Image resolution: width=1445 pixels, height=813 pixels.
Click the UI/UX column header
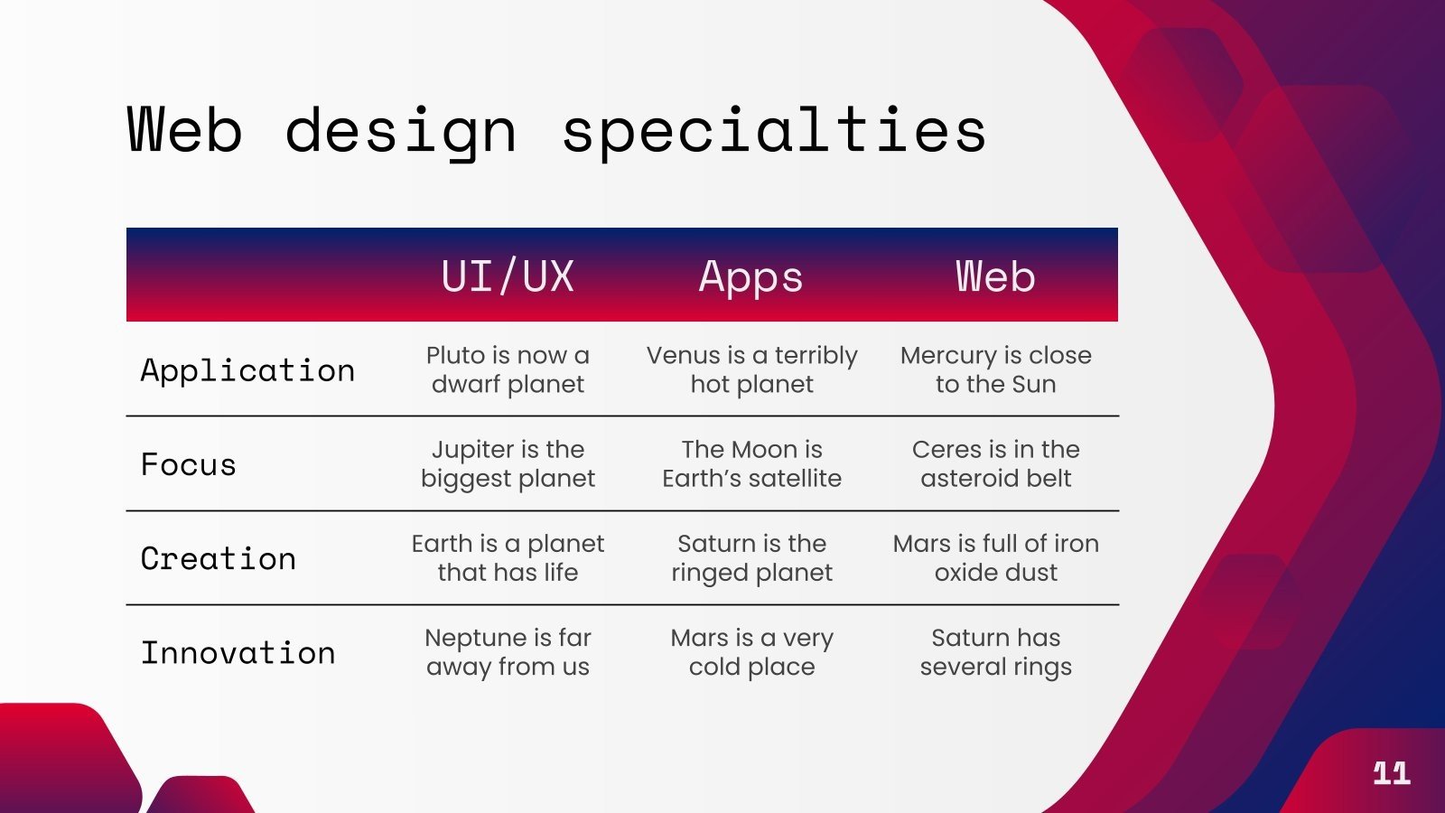pyautogui.click(x=508, y=276)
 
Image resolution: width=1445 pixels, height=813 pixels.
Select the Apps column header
pyautogui.click(x=750, y=276)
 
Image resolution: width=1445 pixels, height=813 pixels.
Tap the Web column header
pyautogui.click(x=995, y=276)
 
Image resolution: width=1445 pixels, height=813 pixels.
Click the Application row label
pyautogui.click(x=247, y=370)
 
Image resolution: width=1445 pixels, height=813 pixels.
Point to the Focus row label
pyautogui.click(x=188, y=464)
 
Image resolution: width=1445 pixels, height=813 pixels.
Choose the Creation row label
pyautogui.click(x=218, y=558)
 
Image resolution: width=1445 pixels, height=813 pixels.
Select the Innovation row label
pyautogui.click(x=238, y=652)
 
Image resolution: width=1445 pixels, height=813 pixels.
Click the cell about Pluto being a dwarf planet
pyautogui.click(x=508, y=369)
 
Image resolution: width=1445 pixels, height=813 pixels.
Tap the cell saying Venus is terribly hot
pyautogui.click(x=751, y=369)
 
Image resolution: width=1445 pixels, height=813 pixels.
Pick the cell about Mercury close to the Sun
pyautogui.click(x=995, y=369)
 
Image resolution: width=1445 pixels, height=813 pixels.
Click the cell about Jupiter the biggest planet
pyautogui.click(x=508, y=463)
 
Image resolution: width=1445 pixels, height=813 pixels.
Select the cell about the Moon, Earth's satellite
pyautogui.click(x=751, y=463)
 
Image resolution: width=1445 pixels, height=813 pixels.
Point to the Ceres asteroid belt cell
pyautogui.click(x=995, y=463)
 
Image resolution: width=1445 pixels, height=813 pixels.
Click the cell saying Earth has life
pyautogui.click(x=508, y=557)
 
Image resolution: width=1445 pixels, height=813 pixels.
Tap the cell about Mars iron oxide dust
pyautogui.click(x=995, y=557)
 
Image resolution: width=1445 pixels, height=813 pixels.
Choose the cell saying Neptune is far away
pyautogui.click(x=508, y=651)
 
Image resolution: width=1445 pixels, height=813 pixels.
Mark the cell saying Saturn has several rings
pyautogui.click(x=995, y=651)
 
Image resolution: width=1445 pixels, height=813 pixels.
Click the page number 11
pyautogui.click(x=1391, y=772)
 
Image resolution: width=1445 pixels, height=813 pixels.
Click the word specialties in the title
pyautogui.click(x=773, y=132)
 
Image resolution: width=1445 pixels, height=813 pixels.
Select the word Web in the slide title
pyautogui.click(x=185, y=130)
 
